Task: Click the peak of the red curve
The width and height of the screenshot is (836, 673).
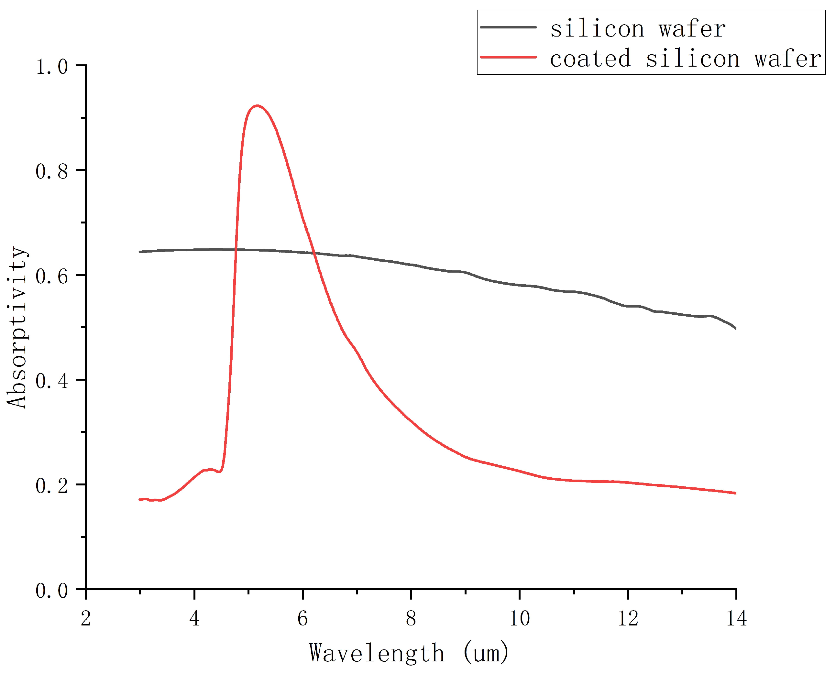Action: (x=257, y=105)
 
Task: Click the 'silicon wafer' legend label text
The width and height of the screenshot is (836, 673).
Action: (x=638, y=29)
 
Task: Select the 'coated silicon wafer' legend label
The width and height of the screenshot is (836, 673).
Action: (x=685, y=59)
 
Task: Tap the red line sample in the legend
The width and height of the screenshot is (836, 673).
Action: (x=508, y=57)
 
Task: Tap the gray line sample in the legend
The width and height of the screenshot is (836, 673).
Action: (x=508, y=27)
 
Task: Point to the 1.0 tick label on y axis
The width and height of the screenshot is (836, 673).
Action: (x=51, y=67)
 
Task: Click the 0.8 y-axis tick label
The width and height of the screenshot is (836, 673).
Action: (x=51, y=171)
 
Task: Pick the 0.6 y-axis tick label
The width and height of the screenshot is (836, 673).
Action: (x=51, y=276)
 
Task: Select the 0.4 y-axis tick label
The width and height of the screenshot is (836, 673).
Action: (x=51, y=381)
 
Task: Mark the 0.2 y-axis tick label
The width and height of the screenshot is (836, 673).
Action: (x=51, y=485)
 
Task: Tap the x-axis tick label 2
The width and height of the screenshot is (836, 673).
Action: (x=86, y=618)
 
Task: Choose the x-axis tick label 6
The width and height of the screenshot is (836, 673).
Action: (x=302, y=618)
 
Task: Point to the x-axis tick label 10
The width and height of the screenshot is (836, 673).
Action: (x=519, y=618)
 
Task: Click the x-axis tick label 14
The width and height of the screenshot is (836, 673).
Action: (x=736, y=618)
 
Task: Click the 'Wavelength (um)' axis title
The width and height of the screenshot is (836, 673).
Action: (x=409, y=653)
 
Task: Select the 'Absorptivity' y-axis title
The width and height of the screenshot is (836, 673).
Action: (x=17, y=327)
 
